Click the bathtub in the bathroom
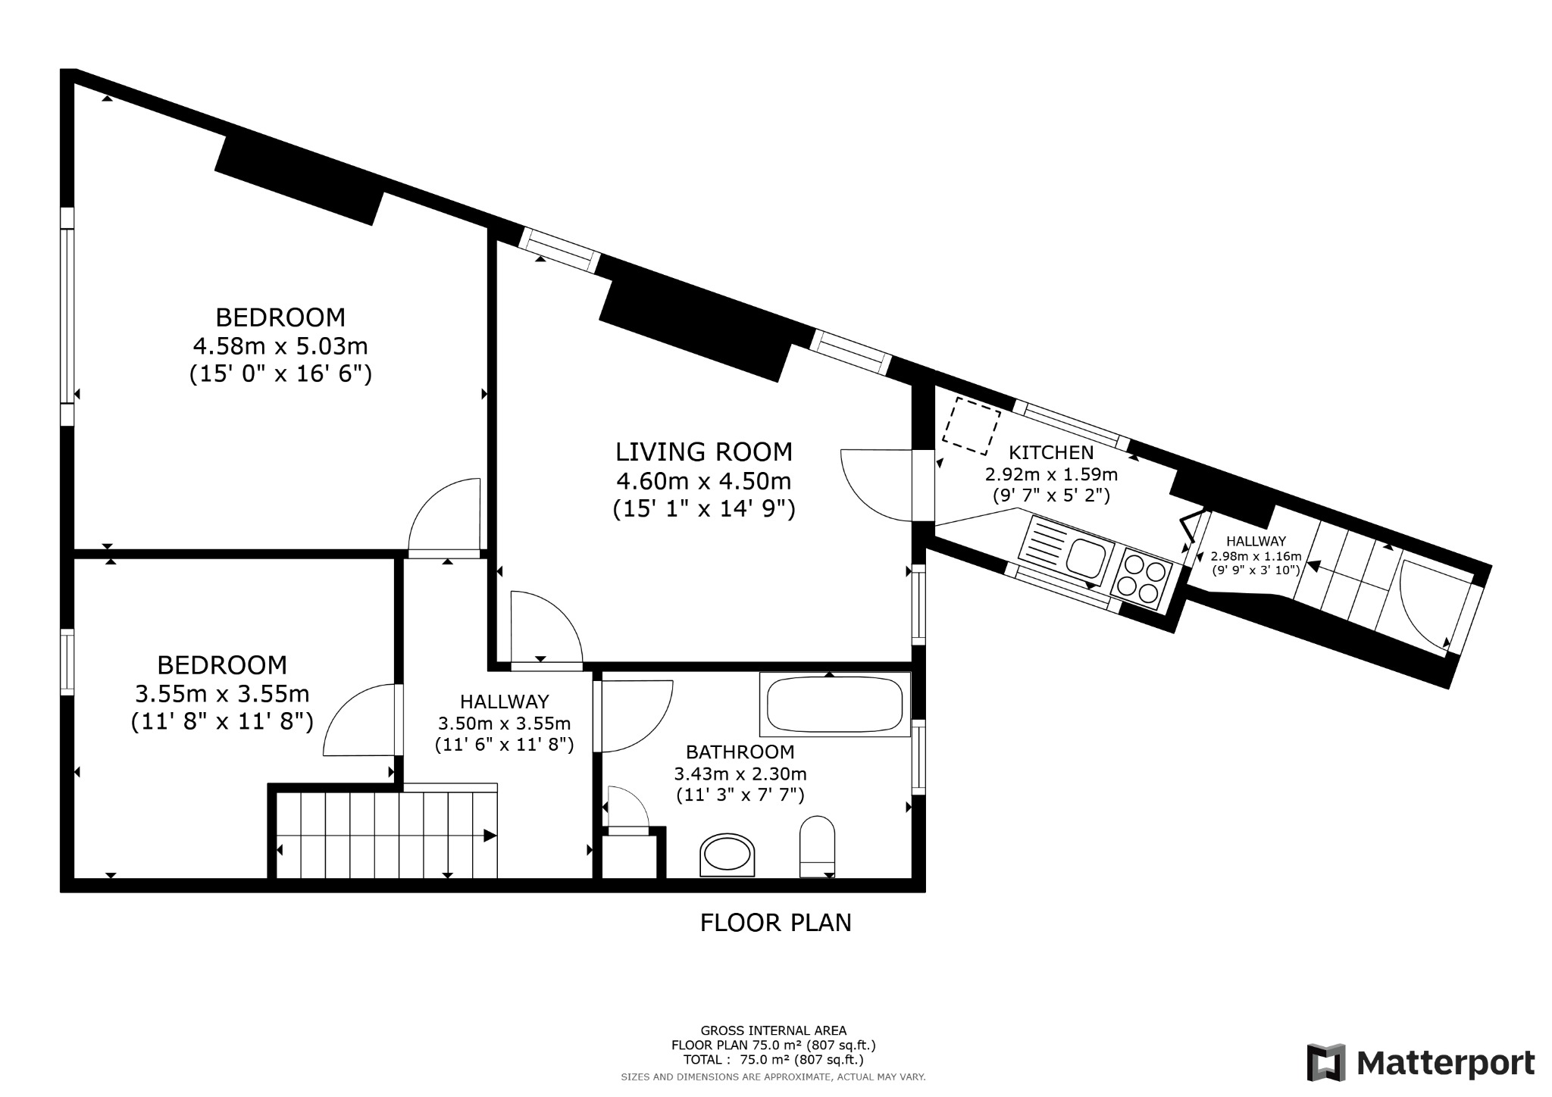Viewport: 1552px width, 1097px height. click(835, 705)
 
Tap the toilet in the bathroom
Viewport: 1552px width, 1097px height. click(817, 847)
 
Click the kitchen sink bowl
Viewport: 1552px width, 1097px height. click(1086, 558)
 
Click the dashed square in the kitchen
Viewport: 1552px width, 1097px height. click(971, 426)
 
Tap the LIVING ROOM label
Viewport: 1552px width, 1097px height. click(703, 452)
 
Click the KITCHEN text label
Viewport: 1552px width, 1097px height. click(1050, 453)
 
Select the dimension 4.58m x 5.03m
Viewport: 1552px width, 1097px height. click(280, 346)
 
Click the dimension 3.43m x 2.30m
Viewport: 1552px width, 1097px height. click(740, 774)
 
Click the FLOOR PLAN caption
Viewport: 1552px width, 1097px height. click(775, 923)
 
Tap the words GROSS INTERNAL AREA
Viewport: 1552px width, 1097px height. click(773, 1030)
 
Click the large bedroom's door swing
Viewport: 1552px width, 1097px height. click(447, 515)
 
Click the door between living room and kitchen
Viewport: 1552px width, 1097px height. click(875, 485)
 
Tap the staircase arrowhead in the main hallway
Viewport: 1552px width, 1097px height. click(490, 836)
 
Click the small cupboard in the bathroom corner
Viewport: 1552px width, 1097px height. click(629, 856)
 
